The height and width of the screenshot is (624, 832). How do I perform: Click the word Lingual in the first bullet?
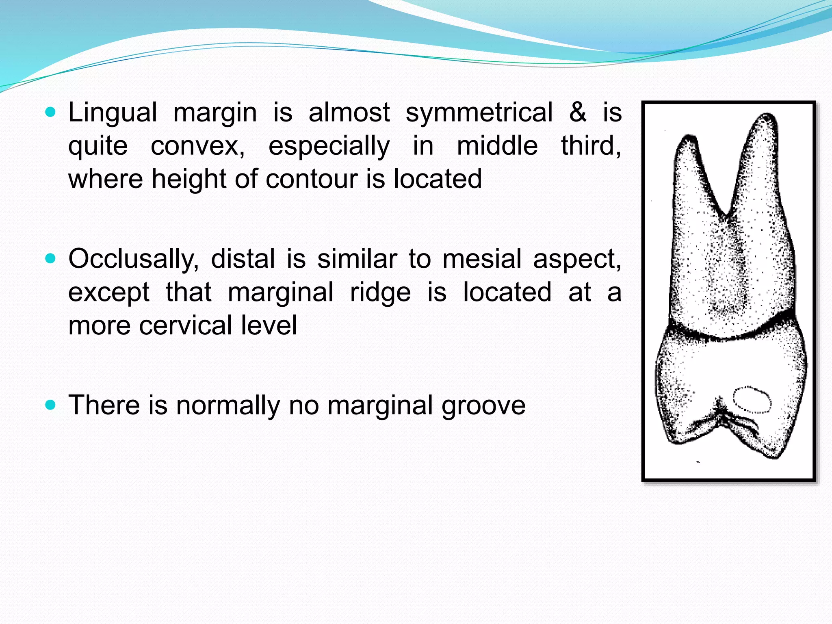tap(113, 113)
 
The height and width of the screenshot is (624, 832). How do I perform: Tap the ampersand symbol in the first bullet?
tap(578, 113)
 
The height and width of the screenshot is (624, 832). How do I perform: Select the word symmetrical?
tap(479, 113)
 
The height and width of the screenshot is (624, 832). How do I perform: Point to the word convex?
tap(197, 146)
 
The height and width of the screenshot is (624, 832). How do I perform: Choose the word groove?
tap(483, 405)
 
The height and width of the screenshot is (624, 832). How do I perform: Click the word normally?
tap(228, 405)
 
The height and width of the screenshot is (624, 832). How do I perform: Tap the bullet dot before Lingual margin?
tap(50, 112)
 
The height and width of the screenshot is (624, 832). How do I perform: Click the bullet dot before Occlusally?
tap(50, 259)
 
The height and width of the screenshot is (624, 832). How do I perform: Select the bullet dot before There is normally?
tap(50, 405)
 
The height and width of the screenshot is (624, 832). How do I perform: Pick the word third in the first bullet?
tap(591, 146)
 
